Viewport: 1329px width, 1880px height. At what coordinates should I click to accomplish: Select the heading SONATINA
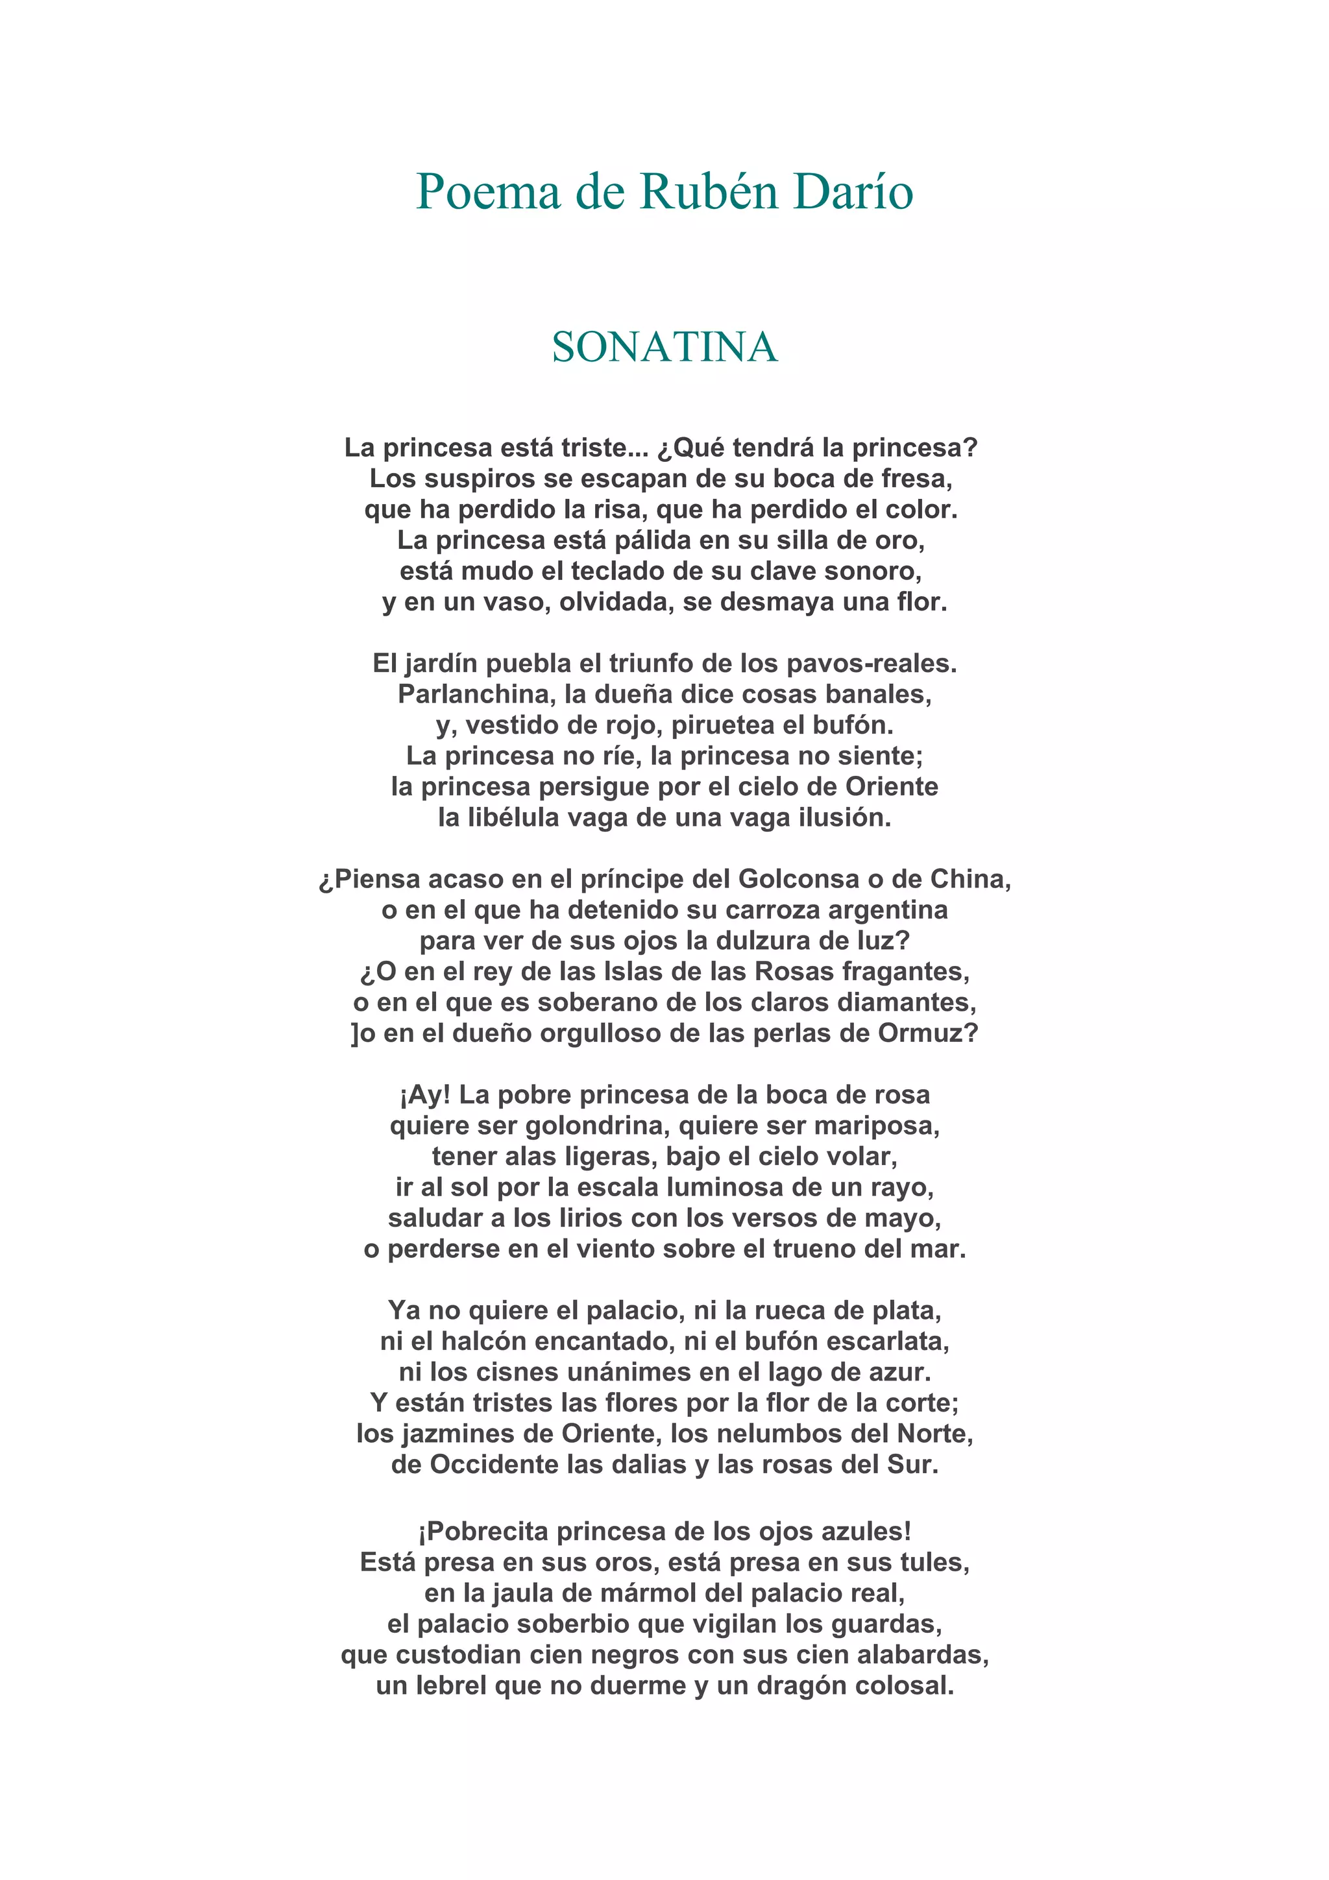tap(664, 347)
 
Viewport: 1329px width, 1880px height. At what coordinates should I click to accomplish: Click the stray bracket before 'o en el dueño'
tap(354, 1034)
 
